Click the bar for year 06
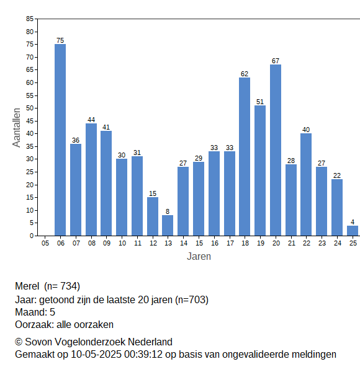[60, 139]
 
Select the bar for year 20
[276, 150]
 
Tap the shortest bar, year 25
[353, 231]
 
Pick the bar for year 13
[168, 226]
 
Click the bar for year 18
[245, 157]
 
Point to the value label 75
[60, 40]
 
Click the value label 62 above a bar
[245, 74]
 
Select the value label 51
[260, 102]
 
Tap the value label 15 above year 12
[153, 193]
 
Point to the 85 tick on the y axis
[30, 19]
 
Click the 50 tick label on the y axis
[30, 108]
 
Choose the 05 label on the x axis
[45, 243]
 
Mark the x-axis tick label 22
[307, 243]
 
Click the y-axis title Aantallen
[17, 128]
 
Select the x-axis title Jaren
[199, 257]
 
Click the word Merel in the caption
[27, 286]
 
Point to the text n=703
[192, 300]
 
